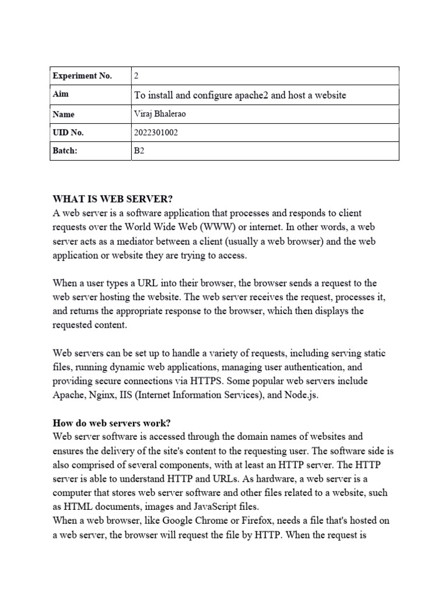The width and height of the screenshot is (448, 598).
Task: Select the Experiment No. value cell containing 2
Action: pyautogui.click(x=137, y=76)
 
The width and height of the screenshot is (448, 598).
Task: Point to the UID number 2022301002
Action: pyautogui.click(x=156, y=133)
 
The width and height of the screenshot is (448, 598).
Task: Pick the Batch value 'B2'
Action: pyautogui.click(x=139, y=151)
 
